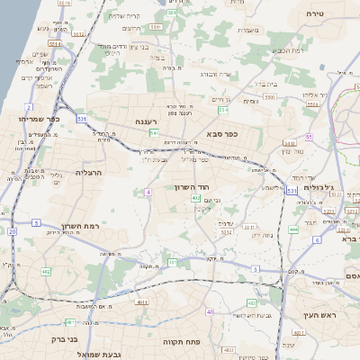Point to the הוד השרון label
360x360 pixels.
[192, 187]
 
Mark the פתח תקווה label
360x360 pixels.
[180, 342]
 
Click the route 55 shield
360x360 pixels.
[308, 137]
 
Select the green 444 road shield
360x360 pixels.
[293, 229]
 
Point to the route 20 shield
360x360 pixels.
[12, 231]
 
